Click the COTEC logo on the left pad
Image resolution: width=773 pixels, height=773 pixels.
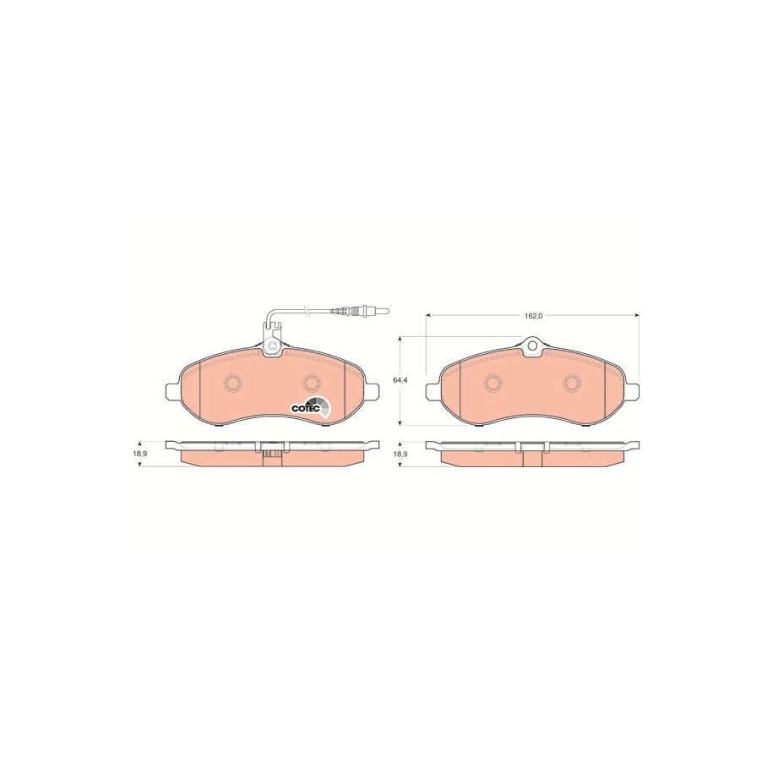(311, 406)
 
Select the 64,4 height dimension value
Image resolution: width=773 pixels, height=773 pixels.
(399, 380)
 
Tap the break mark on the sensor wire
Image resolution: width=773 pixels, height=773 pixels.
(308, 311)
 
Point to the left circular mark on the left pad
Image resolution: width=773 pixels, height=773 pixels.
(231, 382)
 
